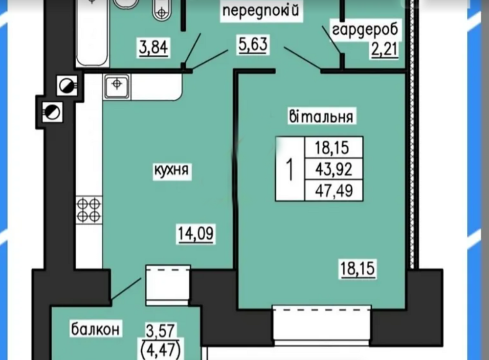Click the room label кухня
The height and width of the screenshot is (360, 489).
(x=172, y=171)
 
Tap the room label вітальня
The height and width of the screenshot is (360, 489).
(x=321, y=117)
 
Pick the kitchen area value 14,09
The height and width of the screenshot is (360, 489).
(x=196, y=235)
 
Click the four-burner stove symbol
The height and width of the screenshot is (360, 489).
(x=89, y=209)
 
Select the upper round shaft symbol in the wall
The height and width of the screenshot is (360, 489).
(x=66, y=86)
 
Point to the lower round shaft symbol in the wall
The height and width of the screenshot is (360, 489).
(x=51, y=112)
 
